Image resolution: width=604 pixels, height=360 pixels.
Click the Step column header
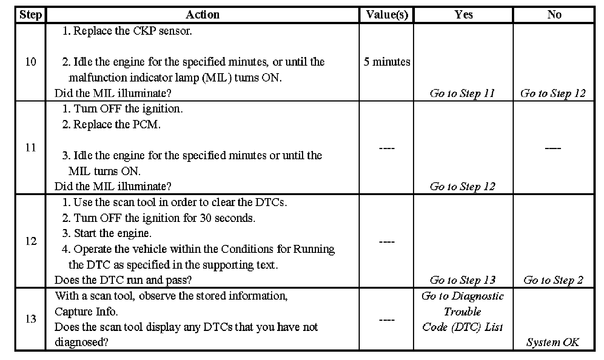(30, 15)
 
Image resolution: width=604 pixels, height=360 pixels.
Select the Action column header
(202, 15)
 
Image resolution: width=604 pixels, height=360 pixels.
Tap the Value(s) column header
(387, 15)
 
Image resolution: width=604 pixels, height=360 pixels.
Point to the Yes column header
(463, 15)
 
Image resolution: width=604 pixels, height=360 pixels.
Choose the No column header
(554, 15)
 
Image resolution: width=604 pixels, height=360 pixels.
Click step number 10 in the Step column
(31, 62)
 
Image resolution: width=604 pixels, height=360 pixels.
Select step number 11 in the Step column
(31, 148)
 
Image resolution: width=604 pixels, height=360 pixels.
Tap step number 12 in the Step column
(31, 241)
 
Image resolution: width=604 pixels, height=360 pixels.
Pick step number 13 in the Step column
(31, 319)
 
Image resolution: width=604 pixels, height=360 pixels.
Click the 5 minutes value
(387, 62)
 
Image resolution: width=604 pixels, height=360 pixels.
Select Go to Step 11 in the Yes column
(462, 93)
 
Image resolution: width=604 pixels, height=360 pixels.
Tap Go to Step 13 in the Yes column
(462, 280)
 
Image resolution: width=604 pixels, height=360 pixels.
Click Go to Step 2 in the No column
(553, 280)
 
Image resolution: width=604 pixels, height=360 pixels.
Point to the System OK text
(553, 342)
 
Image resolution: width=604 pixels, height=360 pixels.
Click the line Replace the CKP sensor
(127, 31)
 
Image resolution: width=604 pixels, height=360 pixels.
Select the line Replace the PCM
(112, 125)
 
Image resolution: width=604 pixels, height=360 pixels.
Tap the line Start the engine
(107, 233)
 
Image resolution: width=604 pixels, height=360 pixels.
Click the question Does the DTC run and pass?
(123, 280)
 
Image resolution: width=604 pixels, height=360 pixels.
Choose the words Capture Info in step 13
(86, 312)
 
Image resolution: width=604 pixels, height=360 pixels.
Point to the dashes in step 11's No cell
(553, 148)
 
